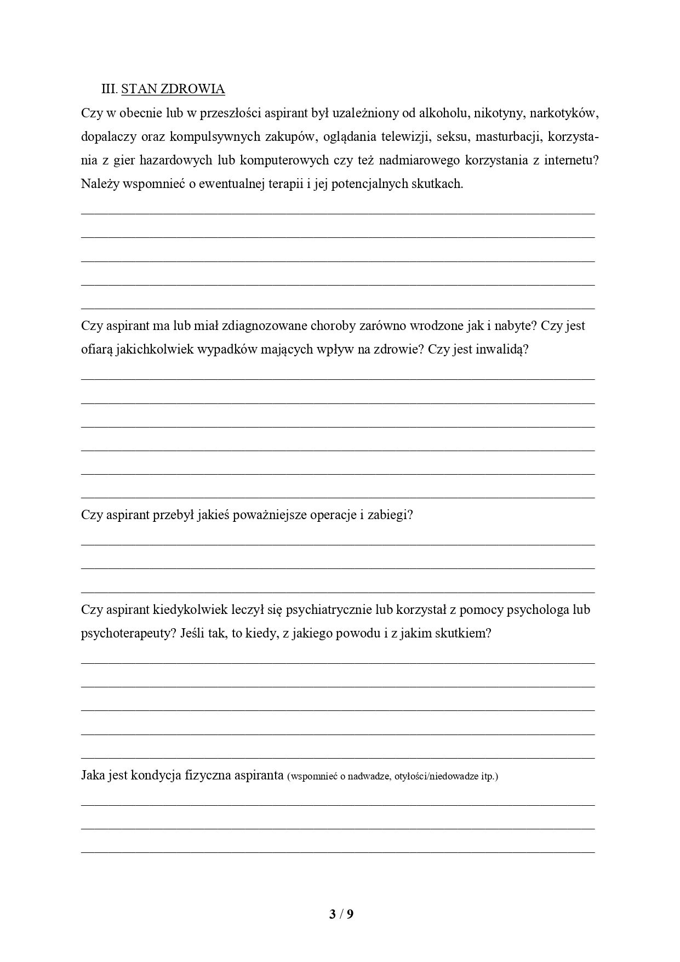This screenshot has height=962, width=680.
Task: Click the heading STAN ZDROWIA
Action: pos(173,89)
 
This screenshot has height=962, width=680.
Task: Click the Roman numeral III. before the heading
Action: pos(110,89)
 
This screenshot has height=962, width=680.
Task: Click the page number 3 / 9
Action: pos(341,914)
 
